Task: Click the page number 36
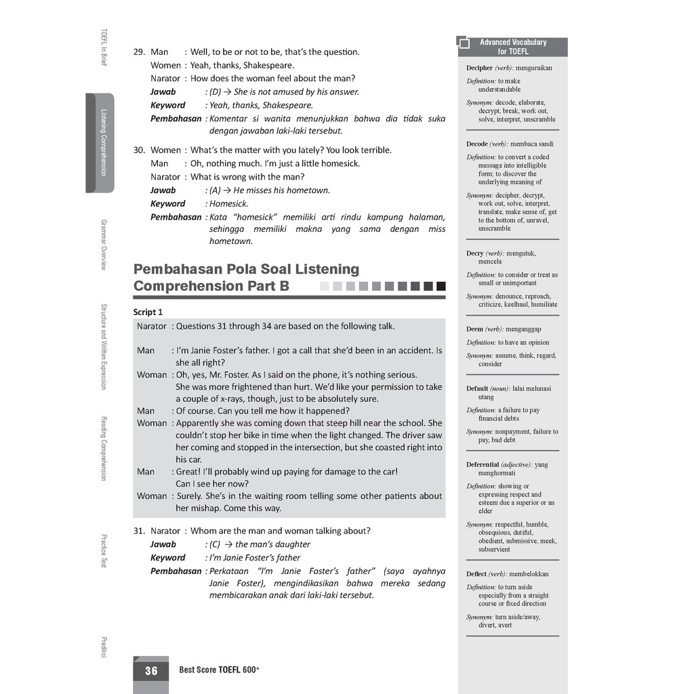coord(150,670)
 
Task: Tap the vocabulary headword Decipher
coord(479,68)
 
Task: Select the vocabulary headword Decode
coord(477,144)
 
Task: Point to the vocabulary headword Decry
coord(475,253)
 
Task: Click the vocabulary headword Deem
coord(474,329)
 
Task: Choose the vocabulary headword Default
coord(477,388)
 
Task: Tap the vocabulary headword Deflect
coord(476,574)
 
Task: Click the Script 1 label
coord(148,312)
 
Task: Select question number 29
coord(139,52)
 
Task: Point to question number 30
coord(139,150)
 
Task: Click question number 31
coord(139,531)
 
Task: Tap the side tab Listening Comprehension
coord(103,142)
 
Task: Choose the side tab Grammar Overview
coord(103,244)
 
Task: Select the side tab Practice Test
coord(103,550)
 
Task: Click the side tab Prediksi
coord(103,647)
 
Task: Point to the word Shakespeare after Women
coord(269,66)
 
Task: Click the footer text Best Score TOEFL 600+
coord(219,670)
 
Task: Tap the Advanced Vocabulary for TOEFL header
coord(512,47)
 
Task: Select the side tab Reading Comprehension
coord(103,448)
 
